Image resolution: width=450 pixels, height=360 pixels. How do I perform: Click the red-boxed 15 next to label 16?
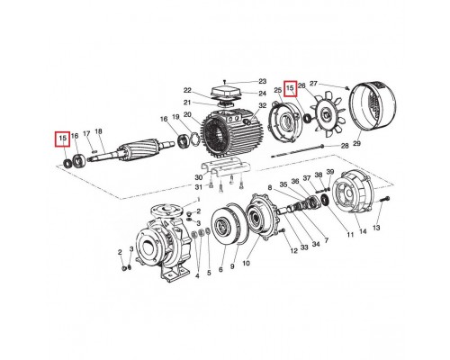point(62,139)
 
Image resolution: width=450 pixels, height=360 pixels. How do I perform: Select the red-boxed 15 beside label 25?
point(290,88)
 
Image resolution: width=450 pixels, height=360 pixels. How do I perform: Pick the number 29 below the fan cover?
point(356,144)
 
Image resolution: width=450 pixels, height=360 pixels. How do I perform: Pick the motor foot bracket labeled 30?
point(221,172)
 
